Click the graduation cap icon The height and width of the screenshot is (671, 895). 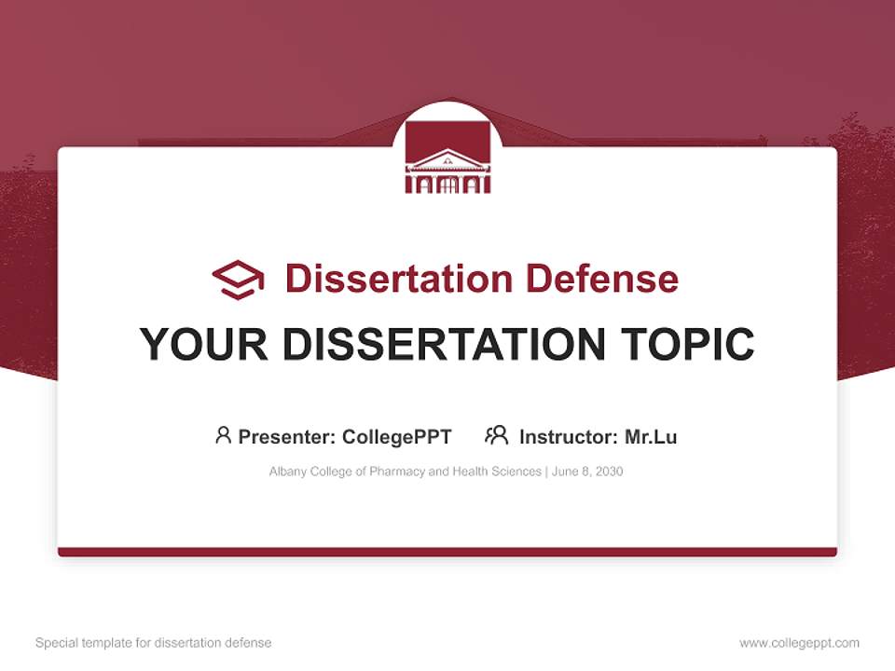pos(238,280)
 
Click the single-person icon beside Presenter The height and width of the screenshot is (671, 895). pos(223,435)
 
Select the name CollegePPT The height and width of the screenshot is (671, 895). pos(397,436)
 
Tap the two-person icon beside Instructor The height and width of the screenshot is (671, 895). pos(497,435)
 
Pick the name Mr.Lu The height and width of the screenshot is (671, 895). pos(651,436)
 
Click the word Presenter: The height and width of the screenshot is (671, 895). pos(288,436)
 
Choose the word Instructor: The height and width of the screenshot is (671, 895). pos(568,436)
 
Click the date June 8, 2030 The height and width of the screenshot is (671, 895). pos(587,472)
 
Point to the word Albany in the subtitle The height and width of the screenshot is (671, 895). pos(287,472)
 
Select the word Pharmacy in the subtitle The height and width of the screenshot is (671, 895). pos(396,472)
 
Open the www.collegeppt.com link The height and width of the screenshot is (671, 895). pos(799,643)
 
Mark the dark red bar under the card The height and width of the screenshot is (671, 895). pos(447,552)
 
